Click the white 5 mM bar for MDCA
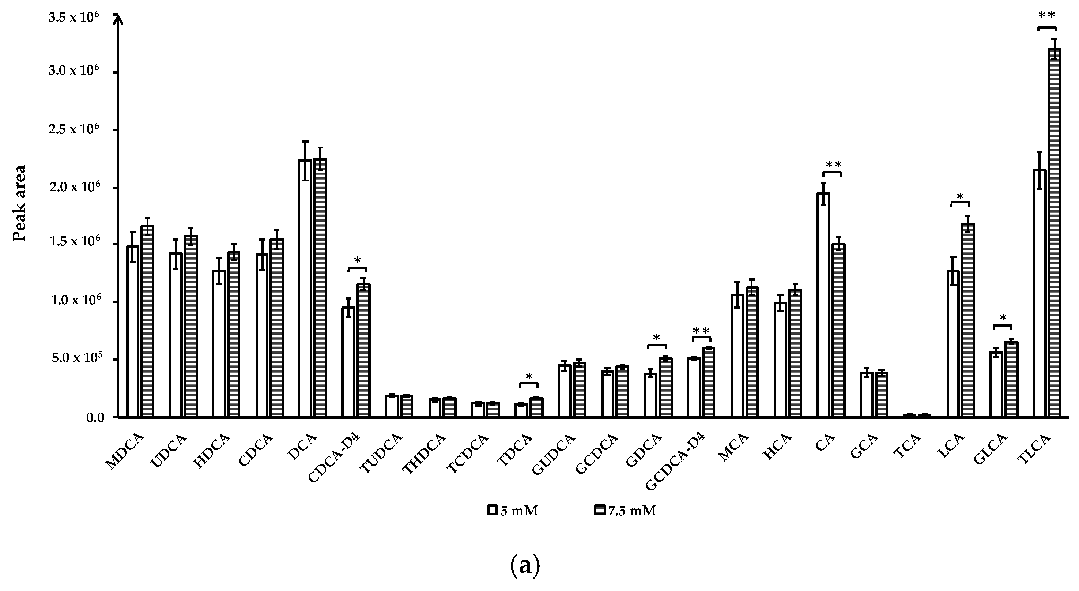point(133,331)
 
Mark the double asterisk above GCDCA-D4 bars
point(701,331)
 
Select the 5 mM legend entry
point(513,511)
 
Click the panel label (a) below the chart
point(525,565)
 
